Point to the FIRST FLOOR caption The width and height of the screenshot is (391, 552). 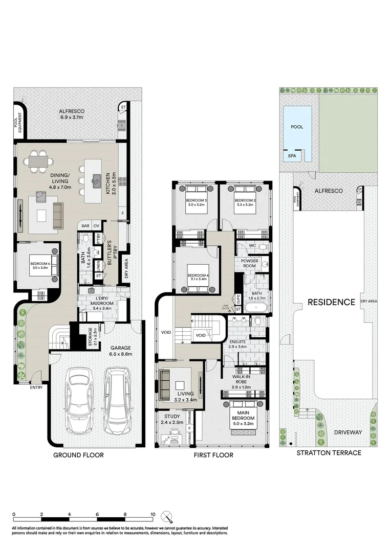pyautogui.click(x=214, y=455)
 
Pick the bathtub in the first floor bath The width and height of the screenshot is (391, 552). pyautogui.click(x=254, y=308)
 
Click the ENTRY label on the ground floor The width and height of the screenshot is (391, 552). pyautogui.click(x=36, y=387)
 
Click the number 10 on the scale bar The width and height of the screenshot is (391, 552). pyautogui.click(x=153, y=515)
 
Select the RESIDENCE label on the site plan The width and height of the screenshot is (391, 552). pyautogui.click(x=331, y=302)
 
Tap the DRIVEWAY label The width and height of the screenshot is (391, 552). pyautogui.click(x=348, y=432)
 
